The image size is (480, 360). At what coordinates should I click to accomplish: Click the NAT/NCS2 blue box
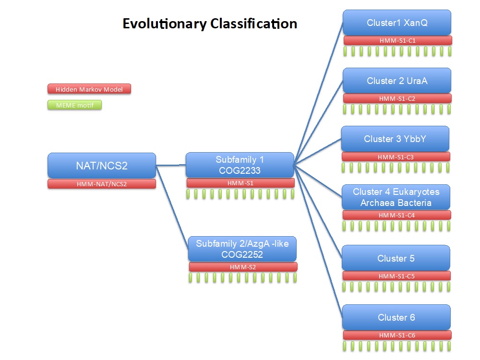tap(102, 165)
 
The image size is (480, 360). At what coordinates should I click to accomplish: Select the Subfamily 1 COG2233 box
tap(240, 165)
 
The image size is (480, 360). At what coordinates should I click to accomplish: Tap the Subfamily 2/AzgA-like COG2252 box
tap(242, 249)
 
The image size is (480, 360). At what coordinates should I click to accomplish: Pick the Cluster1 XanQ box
tap(397, 23)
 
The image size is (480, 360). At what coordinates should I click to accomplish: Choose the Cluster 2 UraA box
tap(397, 81)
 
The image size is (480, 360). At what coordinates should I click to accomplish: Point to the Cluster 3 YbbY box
tap(395, 139)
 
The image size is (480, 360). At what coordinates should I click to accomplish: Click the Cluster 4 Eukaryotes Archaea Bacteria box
tap(396, 197)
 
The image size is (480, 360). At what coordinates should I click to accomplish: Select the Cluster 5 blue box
tap(396, 258)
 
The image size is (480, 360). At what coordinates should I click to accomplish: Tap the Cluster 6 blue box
tap(396, 317)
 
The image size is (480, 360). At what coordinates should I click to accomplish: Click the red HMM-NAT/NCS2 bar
tap(102, 184)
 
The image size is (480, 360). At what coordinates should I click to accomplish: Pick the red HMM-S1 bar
tap(240, 183)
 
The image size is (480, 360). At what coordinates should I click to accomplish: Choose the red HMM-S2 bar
tap(243, 267)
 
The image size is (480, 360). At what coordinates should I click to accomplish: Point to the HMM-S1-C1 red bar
tap(397, 40)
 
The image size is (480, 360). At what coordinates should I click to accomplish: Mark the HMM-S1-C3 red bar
tap(396, 157)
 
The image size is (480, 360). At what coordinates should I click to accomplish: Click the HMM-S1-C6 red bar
tap(397, 335)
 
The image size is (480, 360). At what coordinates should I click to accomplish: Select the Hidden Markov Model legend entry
tap(89, 89)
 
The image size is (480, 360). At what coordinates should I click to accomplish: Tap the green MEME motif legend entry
tap(75, 105)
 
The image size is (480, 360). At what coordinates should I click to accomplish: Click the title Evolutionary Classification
tap(210, 24)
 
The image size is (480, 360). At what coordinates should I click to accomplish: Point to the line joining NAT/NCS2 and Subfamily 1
tap(171, 165)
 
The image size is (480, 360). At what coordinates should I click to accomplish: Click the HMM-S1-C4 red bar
tap(397, 215)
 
